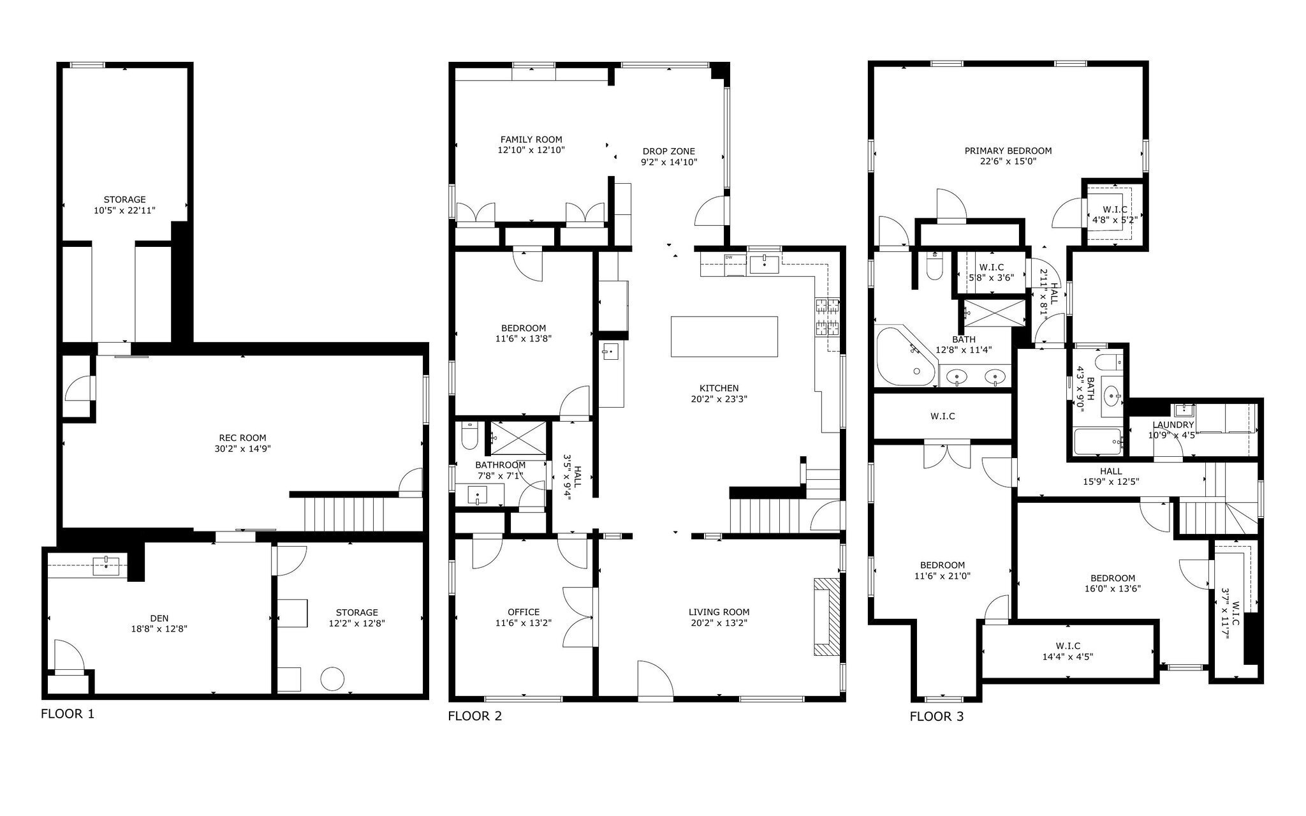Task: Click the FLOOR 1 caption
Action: [x=67, y=714]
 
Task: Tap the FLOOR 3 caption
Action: [x=936, y=716]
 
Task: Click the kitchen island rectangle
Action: [x=724, y=337]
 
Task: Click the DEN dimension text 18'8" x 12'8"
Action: [x=159, y=628]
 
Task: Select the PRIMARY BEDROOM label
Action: [x=1008, y=151]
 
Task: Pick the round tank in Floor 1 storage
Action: [x=332, y=678]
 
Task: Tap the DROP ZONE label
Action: [x=668, y=151]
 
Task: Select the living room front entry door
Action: [x=656, y=681]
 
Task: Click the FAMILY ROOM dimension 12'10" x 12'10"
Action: [x=531, y=151]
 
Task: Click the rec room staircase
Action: [x=344, y=514]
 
